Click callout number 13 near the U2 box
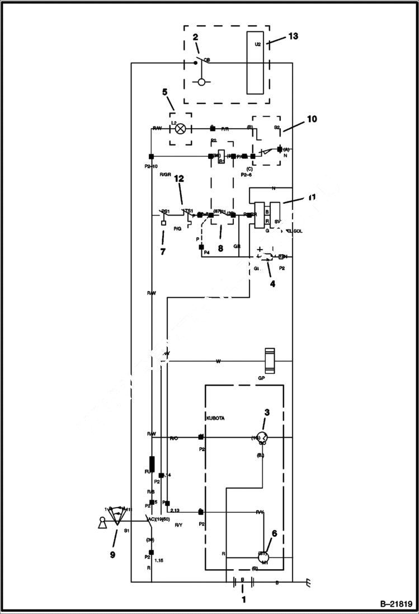click(x=293, y=36)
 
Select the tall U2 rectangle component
click(x=258, y=62)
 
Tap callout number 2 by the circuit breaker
click(x=195, y=38)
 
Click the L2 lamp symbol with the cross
click(x=180, y=129)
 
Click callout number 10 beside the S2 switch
click(x=312, y=119)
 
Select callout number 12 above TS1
click(x=179, y=179)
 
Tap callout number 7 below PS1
click(x=162, y=252)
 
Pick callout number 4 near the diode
click(x=272, y=284)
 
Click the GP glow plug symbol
click(x=271, y=361)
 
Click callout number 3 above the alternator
click(x=267, y=413)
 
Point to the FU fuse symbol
click(x=152, y=465)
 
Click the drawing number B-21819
click(x=396, y=604)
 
